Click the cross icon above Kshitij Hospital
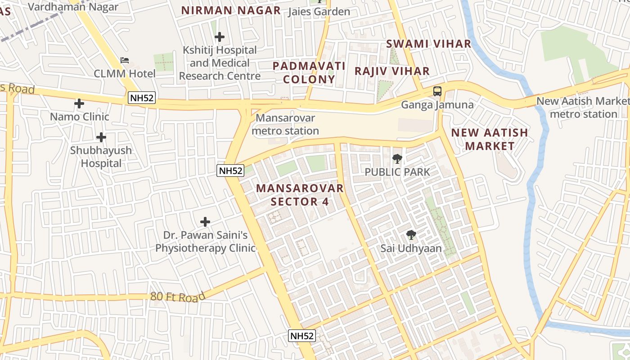coord(220,36)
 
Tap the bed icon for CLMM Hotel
coord(125,60)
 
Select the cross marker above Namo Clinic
coord(79,104)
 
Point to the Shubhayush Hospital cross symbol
coord(101,137)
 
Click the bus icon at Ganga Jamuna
coord(437,91)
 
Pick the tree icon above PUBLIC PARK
coord(397,158)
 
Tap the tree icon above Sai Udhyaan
coord(411,234)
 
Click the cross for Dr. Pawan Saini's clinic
coord(205,222)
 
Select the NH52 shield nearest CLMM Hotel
coord(142,98)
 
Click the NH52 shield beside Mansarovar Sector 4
coord(230,171)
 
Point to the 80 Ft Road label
coord(178,297)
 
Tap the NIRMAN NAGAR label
coord(231,10)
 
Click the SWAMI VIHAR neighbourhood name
coord(429,44)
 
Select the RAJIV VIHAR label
coord(392,71)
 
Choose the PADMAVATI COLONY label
coord(309,72)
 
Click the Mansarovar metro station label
coord(285,124)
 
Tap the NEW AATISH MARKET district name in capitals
coord(490,139)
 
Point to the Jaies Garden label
coord(319,12)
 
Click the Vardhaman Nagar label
coord(73,7)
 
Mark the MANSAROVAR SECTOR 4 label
coord(300,195)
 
